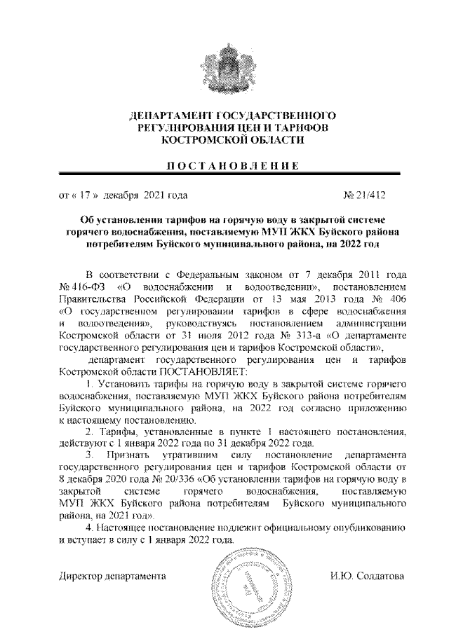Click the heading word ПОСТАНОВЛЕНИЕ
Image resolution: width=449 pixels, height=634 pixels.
click(224, 165)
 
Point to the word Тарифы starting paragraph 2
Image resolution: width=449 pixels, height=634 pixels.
click(114, 432)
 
